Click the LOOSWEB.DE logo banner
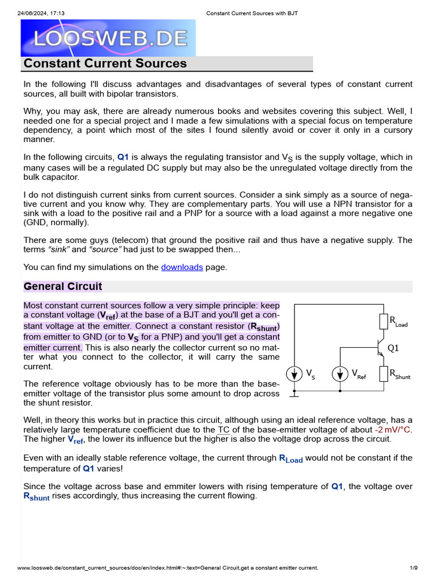coord(108,37)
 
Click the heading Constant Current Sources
coord(105,64)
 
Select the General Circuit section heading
coord(63,287)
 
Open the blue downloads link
coord(182,267)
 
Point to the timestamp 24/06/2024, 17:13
coord(43,13)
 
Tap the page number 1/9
coord(413,568)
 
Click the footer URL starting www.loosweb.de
coord(168,568)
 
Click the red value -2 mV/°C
coord(393,430)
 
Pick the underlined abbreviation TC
coord(224,430)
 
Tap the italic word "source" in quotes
coord(109,250)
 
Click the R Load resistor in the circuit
coord(383,322)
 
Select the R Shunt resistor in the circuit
coord(383,373)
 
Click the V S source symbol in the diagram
coord(295,373)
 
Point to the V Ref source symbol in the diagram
coord(339,373)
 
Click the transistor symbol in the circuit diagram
coord(379,348)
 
